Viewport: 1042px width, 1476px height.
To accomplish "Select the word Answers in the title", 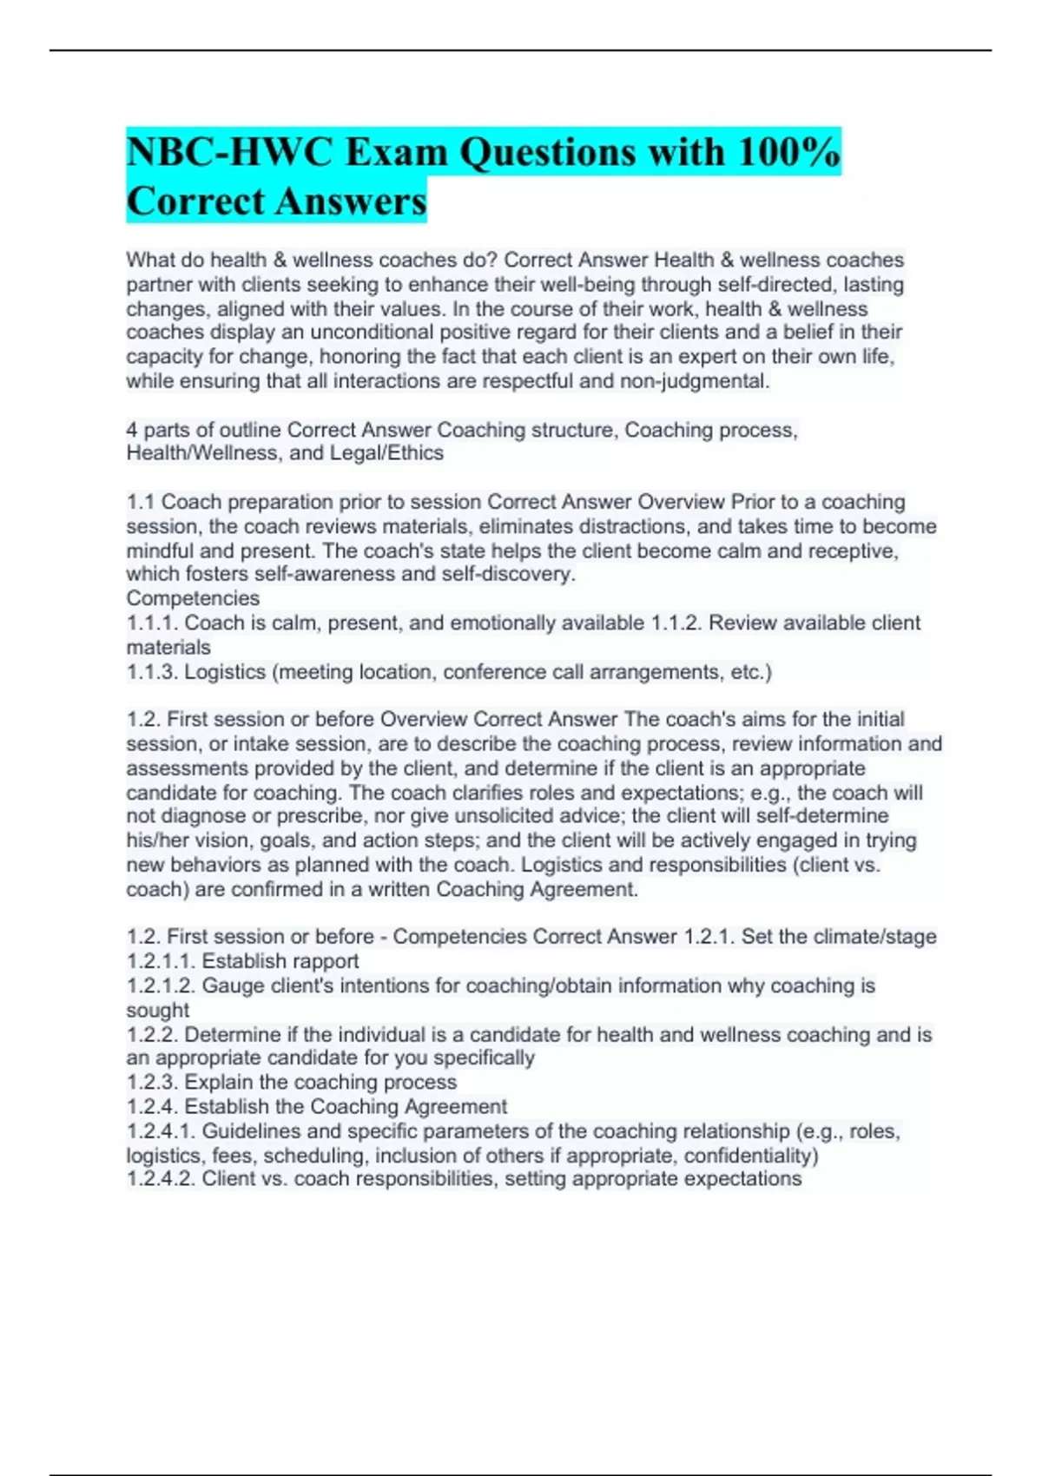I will point(362,201).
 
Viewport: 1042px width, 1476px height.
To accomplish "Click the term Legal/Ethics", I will point(386,453).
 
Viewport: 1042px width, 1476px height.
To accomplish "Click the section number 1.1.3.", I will point(153,672).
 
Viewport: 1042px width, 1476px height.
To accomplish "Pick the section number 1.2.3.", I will point(153,1083).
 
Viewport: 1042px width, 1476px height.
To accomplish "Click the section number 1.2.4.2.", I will point(162,1179).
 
